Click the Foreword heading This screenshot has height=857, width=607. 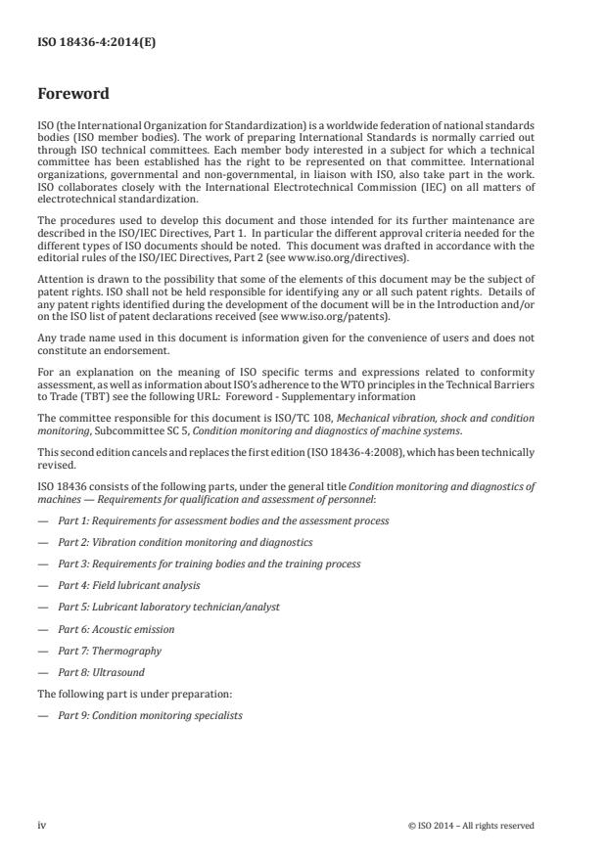tap(73, 95)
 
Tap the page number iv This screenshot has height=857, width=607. tap(42, 825)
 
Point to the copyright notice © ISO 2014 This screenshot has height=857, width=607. tap(471, 825)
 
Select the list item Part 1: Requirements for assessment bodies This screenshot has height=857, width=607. tap(223, 520)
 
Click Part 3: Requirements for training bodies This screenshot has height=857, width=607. tap(210, 564)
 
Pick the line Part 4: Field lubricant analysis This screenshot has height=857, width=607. tap(129, 585)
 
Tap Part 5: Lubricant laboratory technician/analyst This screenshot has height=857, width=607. tap(168, 607)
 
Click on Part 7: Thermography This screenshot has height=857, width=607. tap(110, 650)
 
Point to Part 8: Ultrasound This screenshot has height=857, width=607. tap(105, 671)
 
